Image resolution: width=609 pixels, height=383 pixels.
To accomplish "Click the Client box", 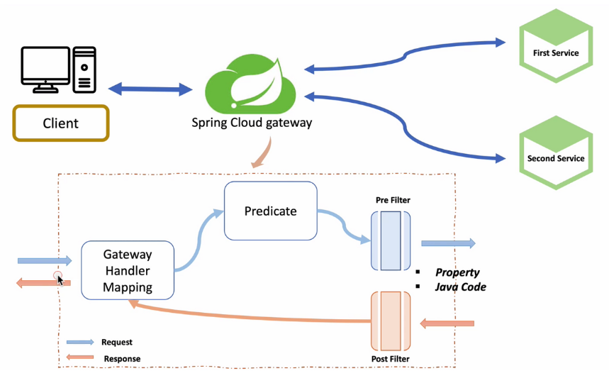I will (x=60, y=123).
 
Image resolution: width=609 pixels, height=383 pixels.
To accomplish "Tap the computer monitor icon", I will (x=45, y=68).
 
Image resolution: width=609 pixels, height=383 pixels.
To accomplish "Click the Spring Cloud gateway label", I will (x=252, y=123).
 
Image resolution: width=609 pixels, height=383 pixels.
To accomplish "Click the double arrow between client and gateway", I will (x=150, y=89).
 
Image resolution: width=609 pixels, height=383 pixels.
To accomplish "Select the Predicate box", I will (x=270, y=211).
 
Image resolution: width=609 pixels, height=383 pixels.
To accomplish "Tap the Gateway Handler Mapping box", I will (x=128, y=270).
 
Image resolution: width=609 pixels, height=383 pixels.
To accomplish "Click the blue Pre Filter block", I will (x=391, y=243).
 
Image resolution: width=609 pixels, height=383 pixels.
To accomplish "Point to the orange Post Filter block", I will (x=391, y=321).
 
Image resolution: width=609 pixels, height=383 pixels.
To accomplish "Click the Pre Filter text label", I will (x=393, y=200).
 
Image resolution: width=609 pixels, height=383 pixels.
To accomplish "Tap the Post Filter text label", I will (x=390, y=360).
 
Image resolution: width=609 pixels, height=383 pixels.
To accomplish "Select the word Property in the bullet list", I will (x=457, y=272).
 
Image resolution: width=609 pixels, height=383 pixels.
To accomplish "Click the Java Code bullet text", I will (x=461, y=287).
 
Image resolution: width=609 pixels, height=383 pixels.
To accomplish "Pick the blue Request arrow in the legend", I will (x=80, y=342).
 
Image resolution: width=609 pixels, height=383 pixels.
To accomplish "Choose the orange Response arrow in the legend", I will (x=80, y=357).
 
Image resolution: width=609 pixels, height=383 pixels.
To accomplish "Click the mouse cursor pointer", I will (x=60, y=279).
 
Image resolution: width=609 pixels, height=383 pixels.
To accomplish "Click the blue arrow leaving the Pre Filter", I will (x=448, y=243).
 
